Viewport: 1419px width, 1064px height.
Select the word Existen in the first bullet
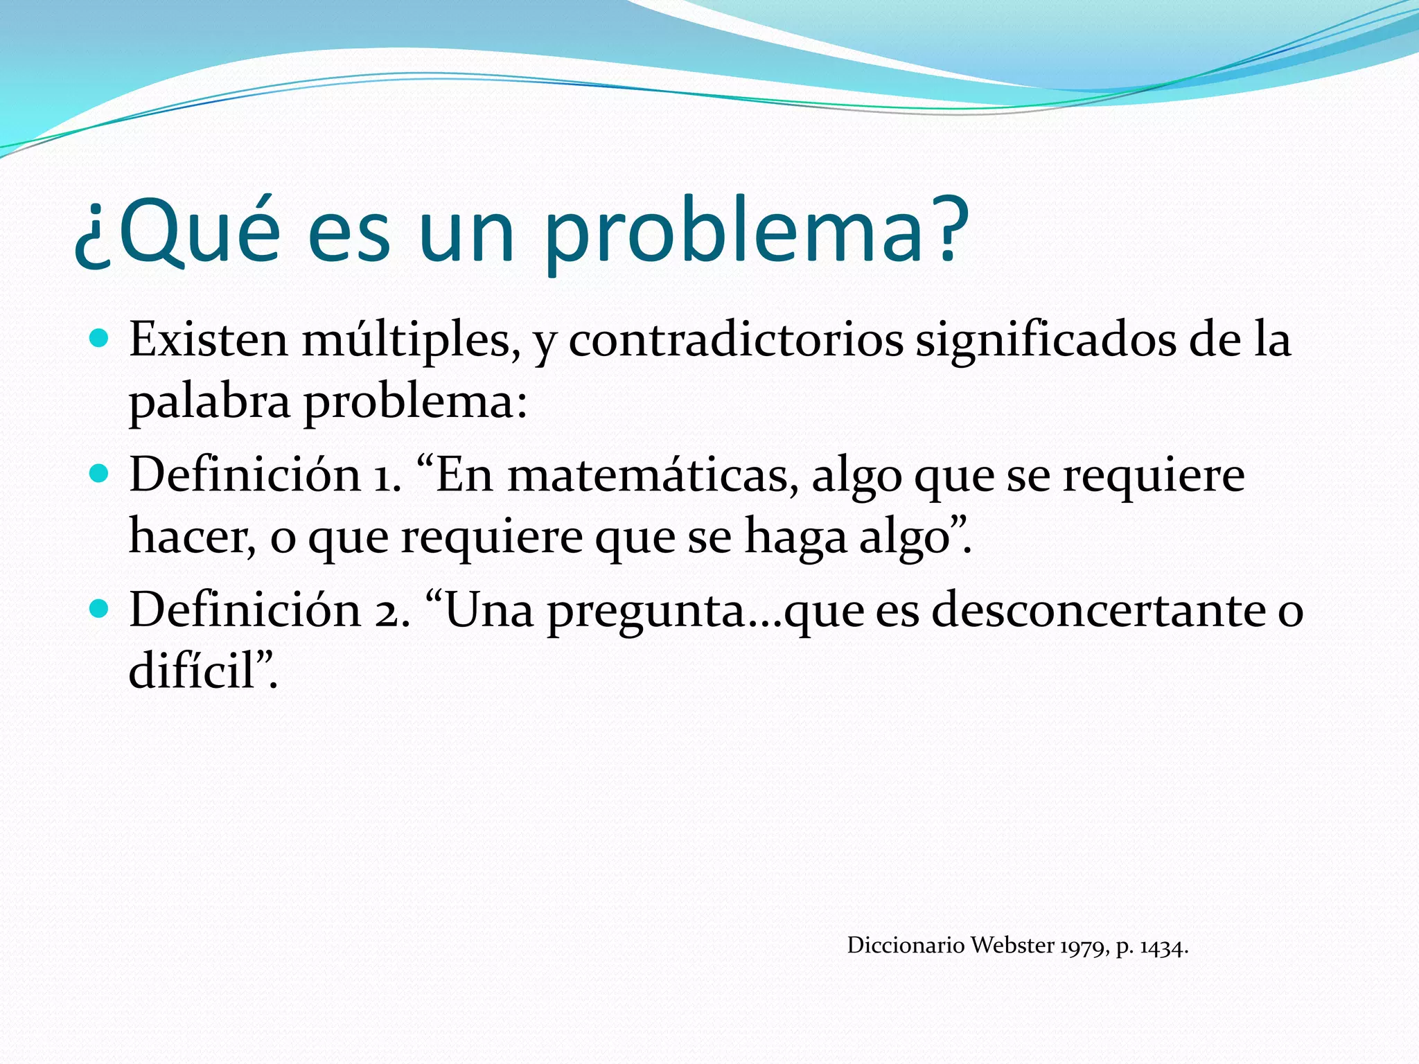point(208,340)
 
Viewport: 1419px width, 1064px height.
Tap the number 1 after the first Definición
point(385,477)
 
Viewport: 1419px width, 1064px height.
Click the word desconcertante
point(1098,610)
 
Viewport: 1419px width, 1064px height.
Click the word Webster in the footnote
point(1012,946)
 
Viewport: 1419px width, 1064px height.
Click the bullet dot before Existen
point(100,339)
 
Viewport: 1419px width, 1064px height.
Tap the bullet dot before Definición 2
point(100,609)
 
